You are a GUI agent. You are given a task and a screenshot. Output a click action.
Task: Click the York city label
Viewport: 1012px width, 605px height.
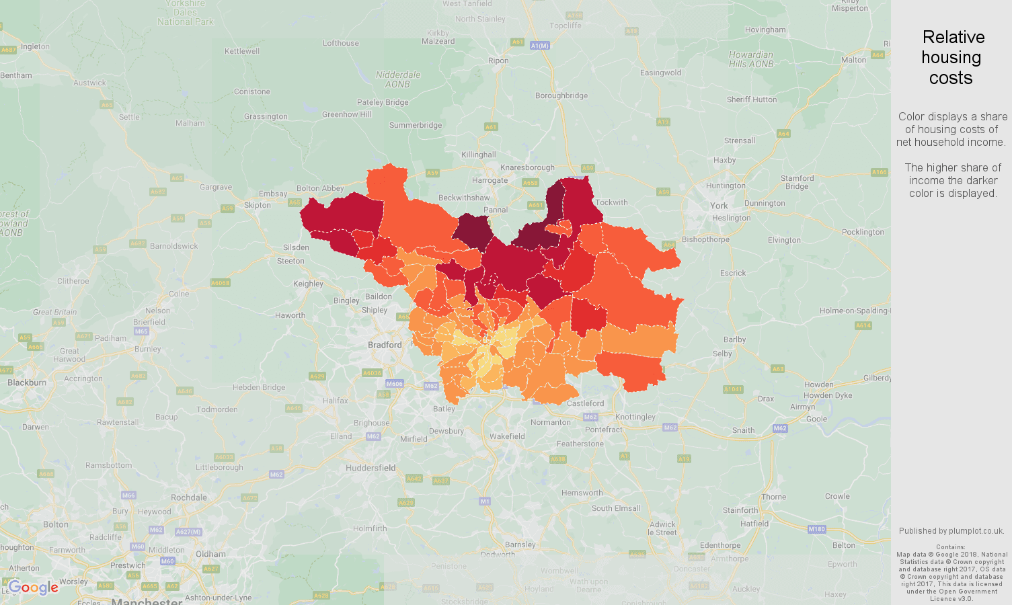[719, 206]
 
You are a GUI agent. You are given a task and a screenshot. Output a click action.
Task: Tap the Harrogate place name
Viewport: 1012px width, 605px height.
[490, 180]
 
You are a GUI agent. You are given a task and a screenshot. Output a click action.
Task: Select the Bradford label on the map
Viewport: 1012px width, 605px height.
[385, 345]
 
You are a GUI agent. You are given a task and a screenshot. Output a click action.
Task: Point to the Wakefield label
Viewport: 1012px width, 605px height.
[507, 436]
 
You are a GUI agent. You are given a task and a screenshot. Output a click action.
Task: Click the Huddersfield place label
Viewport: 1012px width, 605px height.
[371, 468]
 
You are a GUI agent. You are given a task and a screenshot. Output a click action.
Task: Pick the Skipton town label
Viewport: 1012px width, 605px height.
[258, 205]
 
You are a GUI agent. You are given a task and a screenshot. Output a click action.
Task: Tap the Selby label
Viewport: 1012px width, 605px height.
[722, 354]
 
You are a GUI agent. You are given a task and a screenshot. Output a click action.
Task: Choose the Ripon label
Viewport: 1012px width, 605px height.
[498, 61]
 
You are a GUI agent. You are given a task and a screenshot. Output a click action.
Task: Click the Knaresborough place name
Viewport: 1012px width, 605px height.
[528, 167]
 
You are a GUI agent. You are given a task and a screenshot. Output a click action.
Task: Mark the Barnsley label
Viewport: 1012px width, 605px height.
[520, 544]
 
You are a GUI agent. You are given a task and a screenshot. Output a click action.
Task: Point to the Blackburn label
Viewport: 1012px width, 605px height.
[27, 382]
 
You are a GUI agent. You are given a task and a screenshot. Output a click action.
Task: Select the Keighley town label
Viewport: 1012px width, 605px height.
[308, 284]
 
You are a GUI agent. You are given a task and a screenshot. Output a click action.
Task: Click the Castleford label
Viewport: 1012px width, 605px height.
[585, 403]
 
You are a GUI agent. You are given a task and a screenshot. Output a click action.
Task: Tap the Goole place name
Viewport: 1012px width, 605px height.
[816, 419]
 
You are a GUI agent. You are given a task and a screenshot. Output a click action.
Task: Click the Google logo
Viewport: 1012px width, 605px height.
[33, 588]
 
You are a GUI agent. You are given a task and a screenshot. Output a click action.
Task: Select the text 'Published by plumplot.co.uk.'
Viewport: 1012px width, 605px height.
[951, 531]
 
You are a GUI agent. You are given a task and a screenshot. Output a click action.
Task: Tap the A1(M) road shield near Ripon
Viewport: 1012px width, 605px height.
[539, 46]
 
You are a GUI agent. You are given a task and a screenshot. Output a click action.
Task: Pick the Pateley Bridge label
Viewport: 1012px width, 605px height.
[383, 102]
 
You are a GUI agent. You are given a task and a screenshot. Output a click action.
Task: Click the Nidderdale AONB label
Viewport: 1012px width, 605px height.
[397, 79]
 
